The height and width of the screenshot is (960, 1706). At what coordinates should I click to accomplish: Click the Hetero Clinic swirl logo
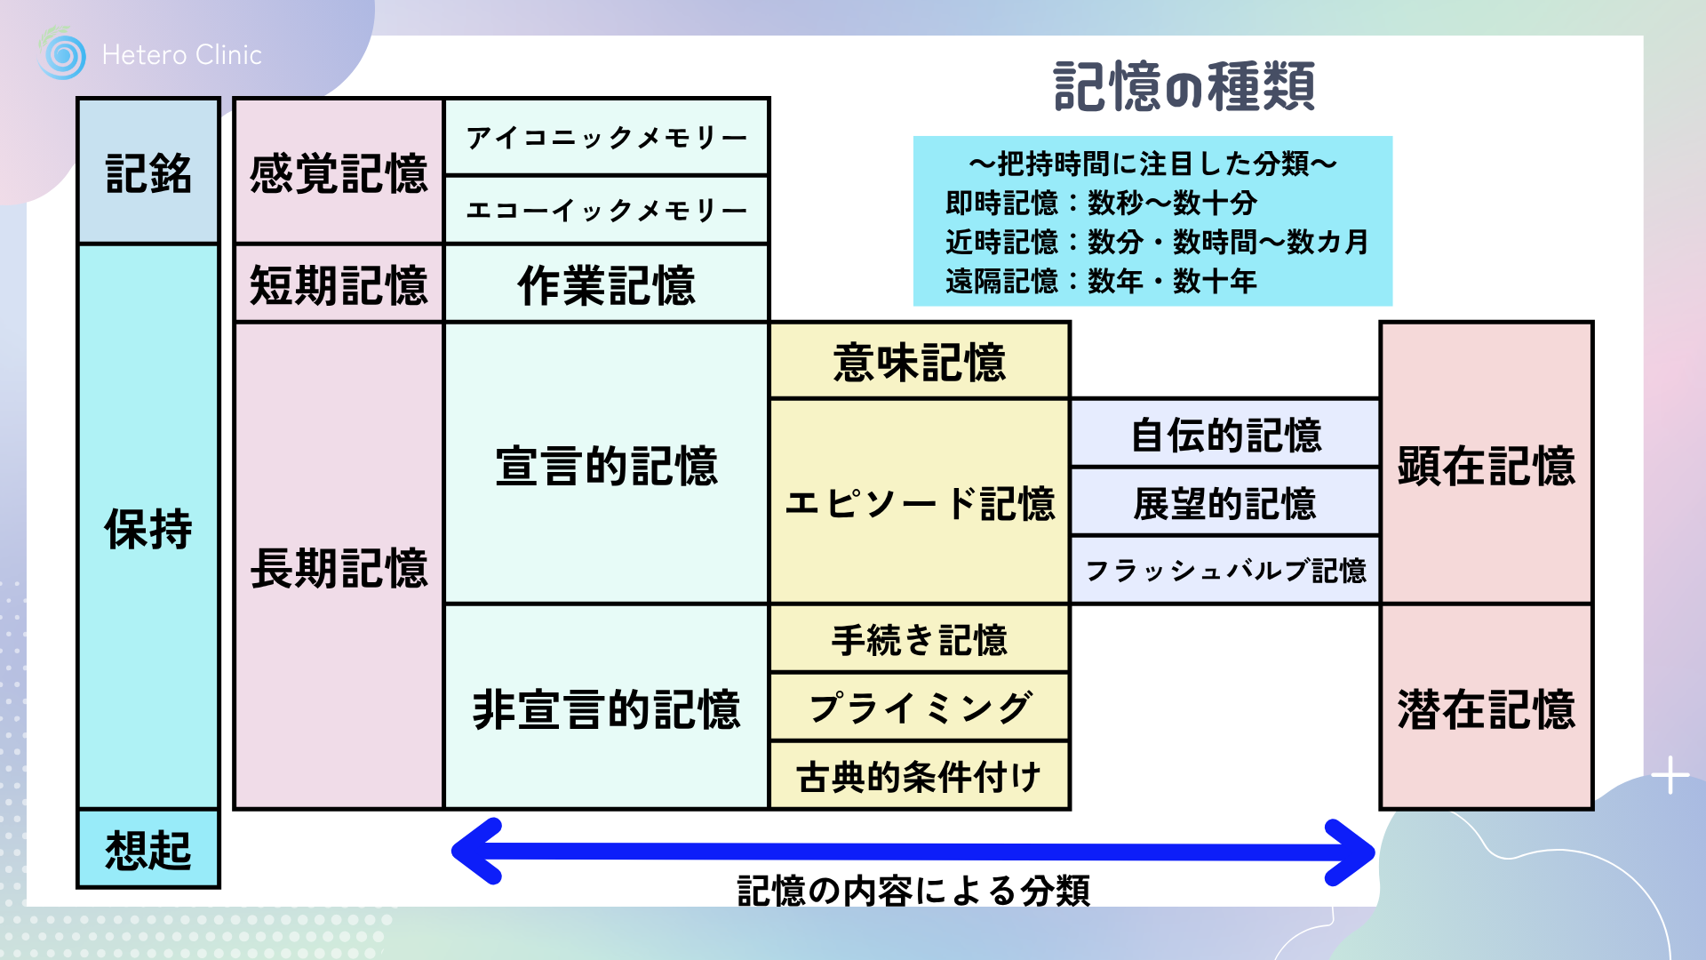(62, 55)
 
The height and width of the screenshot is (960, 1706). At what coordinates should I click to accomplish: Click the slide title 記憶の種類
(1184, 87)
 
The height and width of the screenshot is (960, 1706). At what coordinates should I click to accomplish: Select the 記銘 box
(148, 172)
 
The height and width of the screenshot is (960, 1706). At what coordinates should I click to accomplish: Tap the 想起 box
(148, 849)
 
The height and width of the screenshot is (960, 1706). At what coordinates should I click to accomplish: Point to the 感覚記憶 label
(339, 172)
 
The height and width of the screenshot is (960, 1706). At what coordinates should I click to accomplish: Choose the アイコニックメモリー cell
(607, 138)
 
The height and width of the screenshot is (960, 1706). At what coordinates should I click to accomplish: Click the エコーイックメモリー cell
(607, 211)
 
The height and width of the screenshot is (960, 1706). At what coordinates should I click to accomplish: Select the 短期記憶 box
(339, 284)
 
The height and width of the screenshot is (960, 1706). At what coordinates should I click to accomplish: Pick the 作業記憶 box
(607, 284)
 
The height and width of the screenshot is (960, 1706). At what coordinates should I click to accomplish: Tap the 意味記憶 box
(920, 362)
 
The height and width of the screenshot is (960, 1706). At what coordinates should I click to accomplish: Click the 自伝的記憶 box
(1225, 435)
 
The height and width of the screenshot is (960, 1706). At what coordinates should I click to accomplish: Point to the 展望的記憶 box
(1225, 503)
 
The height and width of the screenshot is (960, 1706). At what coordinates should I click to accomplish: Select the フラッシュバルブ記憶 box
(1225, 570)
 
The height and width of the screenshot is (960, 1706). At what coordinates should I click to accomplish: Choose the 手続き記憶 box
(920, 639)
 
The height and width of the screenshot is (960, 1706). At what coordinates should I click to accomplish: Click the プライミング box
(920, 708)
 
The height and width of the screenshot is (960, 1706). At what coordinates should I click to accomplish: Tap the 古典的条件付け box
(920, 776)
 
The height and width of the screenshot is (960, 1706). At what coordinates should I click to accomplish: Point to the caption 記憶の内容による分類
(913, 890)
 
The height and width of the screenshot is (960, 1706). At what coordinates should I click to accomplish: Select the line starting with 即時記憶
(1101, 203)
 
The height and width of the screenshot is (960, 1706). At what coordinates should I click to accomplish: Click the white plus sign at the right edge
(1670, 775)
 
